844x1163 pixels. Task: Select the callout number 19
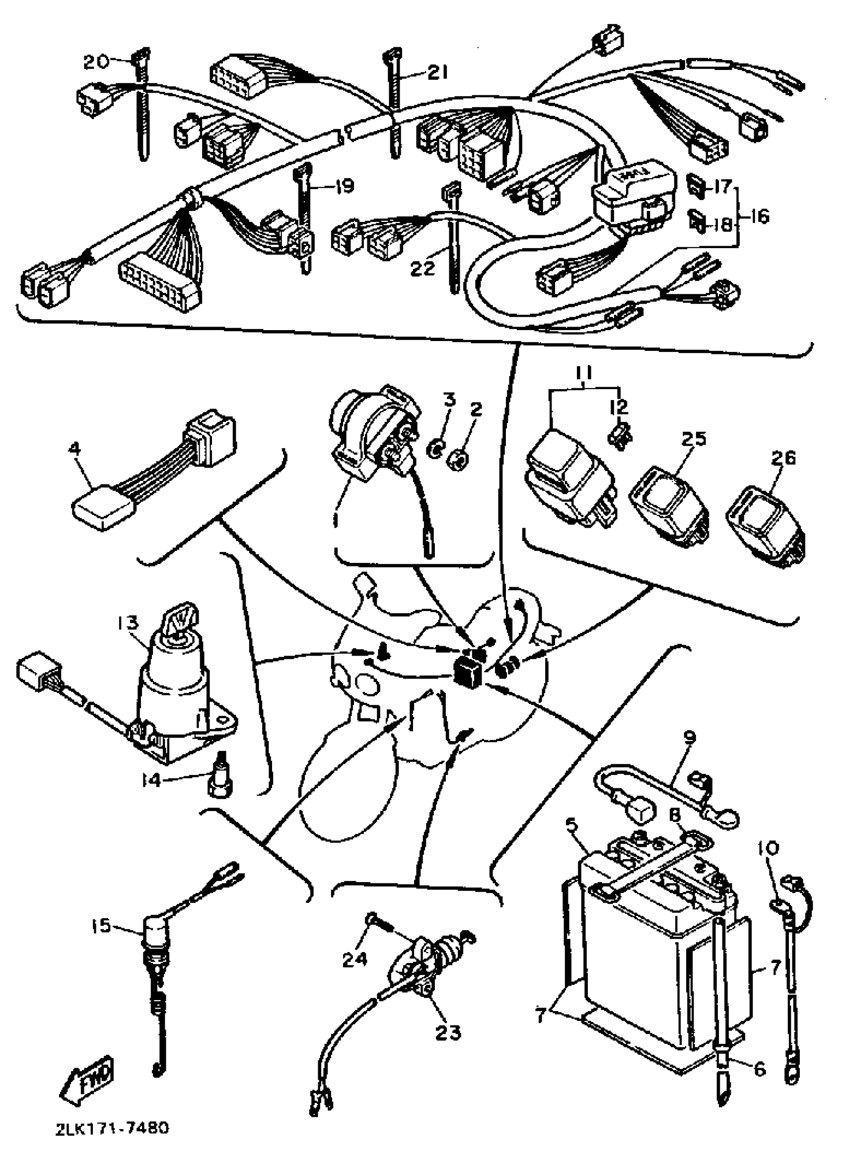pos(343,186)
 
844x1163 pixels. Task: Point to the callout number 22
pos(423,268)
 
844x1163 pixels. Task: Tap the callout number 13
pos(127,622)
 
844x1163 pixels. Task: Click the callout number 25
pos(694,438)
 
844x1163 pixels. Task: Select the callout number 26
pos(783,457)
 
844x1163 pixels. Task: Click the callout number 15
pos(101,926)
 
